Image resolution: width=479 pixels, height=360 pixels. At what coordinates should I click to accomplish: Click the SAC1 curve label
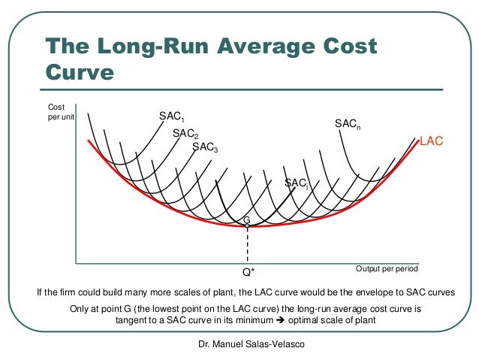click(x=171, y=117)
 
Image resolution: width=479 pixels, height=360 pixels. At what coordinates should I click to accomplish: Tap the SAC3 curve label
click(x=205, y=147)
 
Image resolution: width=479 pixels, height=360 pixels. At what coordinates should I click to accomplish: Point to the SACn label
click(x=347, y=123)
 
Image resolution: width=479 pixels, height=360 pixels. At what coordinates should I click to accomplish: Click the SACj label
click(x=296, y=183)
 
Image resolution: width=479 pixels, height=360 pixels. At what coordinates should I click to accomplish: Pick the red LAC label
click(x=431, y=141)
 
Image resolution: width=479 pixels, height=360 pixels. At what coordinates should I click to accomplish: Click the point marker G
click(x=246, y=225)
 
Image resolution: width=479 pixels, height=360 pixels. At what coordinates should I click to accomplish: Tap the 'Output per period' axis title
click(x=386, y=268)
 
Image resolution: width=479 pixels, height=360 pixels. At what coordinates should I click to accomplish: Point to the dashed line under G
click(x=246, y=244)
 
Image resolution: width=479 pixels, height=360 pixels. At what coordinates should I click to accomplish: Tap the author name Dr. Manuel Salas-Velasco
click(x=240, y=344)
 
